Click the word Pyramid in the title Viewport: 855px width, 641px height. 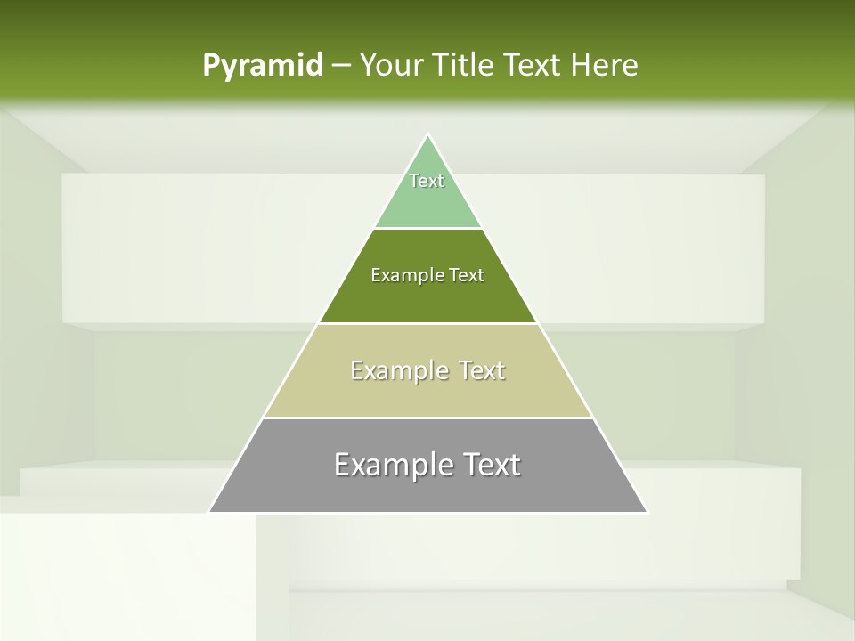[x=263, y=66]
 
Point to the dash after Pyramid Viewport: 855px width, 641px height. [x=341, y=66]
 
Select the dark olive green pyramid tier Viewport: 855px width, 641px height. [x=427, y=298]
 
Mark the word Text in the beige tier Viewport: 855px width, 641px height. [x=481, y=370]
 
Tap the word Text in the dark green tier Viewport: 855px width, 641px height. [x=467, y=275]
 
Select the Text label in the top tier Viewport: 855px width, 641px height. [x=427, y=181]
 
